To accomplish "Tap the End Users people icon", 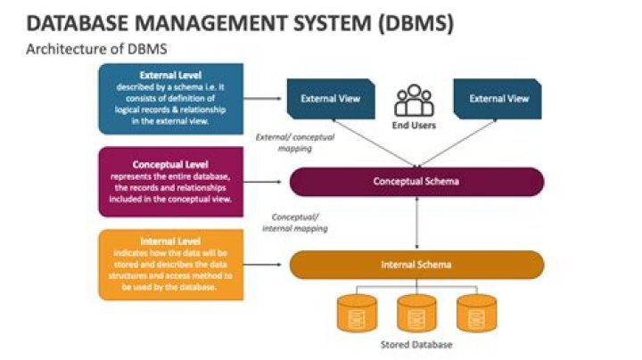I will coord(413,101).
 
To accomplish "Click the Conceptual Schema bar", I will coord(416,182).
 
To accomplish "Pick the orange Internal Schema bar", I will coord(416,265).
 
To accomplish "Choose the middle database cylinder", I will coord(416,313).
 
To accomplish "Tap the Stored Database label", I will coord(416,345).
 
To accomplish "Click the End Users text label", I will coord(413,126).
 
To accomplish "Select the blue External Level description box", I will coord(171,98).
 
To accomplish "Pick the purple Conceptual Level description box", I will coord(171,183).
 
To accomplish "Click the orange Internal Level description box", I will coord(171,265).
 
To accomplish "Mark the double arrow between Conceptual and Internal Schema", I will coord(416,224).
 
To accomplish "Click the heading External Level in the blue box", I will coord(171,76).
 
